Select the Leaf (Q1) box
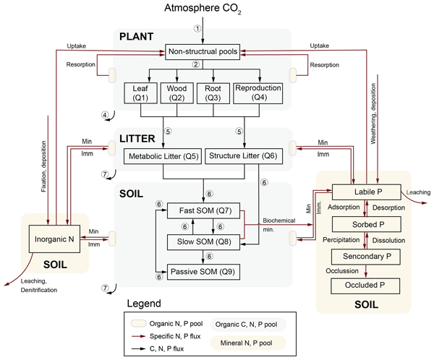tap(140, 93)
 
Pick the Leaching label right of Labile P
tap(417, 192)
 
